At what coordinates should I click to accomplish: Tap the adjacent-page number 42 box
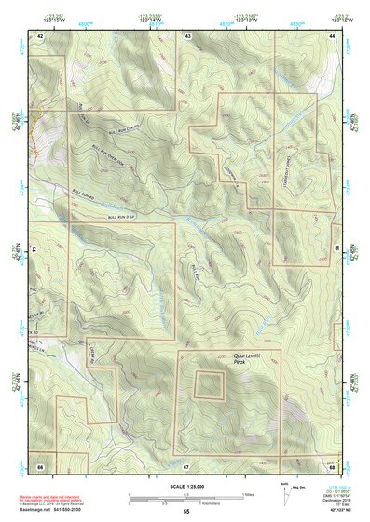[x=40, y=35]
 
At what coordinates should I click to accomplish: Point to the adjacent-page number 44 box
[x=331, y=35]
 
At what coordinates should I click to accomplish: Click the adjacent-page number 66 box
[x=40, y=465]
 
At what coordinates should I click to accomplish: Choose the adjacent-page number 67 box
[x=186, y=465]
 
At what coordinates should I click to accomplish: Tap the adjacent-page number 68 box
[x=331, y=465]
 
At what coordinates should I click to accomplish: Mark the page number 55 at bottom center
[x=186, y=512]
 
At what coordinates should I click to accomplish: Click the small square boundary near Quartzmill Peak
[x=209, y=383]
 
